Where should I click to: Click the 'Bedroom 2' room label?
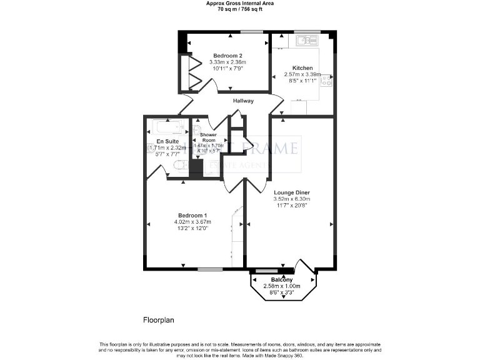(x=227, y=55)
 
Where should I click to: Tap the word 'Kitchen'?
(x=302, y=67)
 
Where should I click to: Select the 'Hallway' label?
(x=243, y=101)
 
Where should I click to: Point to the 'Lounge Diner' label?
(x=292, y=192)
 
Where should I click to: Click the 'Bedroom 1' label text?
(x=192, y=215)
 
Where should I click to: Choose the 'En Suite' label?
(x=167, y=141)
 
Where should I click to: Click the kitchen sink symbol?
(x=306, y=41)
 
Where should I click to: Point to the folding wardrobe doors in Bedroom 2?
(x=192, y=71)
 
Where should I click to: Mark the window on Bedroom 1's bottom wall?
(x=207, y=269)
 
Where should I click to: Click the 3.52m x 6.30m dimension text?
(x=292, y=199)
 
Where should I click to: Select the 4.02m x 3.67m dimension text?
(x=192, y=222)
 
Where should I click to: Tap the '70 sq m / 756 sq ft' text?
(x=240, y=9)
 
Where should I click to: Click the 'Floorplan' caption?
(x=159, y=320)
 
